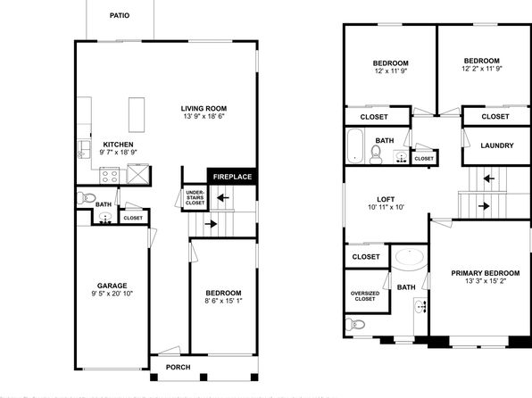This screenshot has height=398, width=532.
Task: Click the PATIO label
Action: [x=120, y=15]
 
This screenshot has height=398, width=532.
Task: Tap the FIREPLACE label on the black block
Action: [x=232, y=177]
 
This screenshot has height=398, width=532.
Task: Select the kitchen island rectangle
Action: [x=137, y=115]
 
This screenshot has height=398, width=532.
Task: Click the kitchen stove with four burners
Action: [x=110, y=176]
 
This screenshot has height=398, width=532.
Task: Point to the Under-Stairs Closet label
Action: [x=195, y=197]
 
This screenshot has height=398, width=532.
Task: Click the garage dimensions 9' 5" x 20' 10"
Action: [x=112, y=294]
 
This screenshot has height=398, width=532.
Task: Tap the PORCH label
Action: [x=179, y=367]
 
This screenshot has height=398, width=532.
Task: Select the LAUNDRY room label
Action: [x=497, y=145]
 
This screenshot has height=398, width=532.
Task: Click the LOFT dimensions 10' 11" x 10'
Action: [x=386, y=207]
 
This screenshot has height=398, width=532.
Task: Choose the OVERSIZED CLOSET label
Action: [x=365, y=296]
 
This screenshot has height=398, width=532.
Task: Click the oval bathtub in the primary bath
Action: [x=410, y=258]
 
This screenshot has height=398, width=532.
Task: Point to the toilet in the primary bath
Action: [x=355, y=324]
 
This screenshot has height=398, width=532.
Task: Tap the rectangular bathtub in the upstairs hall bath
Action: [x=355, y=145]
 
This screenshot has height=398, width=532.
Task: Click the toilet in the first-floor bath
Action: [x=87, y=197]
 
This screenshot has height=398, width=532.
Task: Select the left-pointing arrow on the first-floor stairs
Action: [x=223, y=197]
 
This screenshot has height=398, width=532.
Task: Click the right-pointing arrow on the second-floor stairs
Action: [x=484, y=206]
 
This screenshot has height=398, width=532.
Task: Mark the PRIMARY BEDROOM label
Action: [x=486, y=273]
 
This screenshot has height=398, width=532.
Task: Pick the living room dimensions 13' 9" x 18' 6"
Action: [x=204, y=116]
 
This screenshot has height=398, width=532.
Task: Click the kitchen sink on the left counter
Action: [x=84, y=150]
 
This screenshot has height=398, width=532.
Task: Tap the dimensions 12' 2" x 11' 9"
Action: [x=482, y=69]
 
